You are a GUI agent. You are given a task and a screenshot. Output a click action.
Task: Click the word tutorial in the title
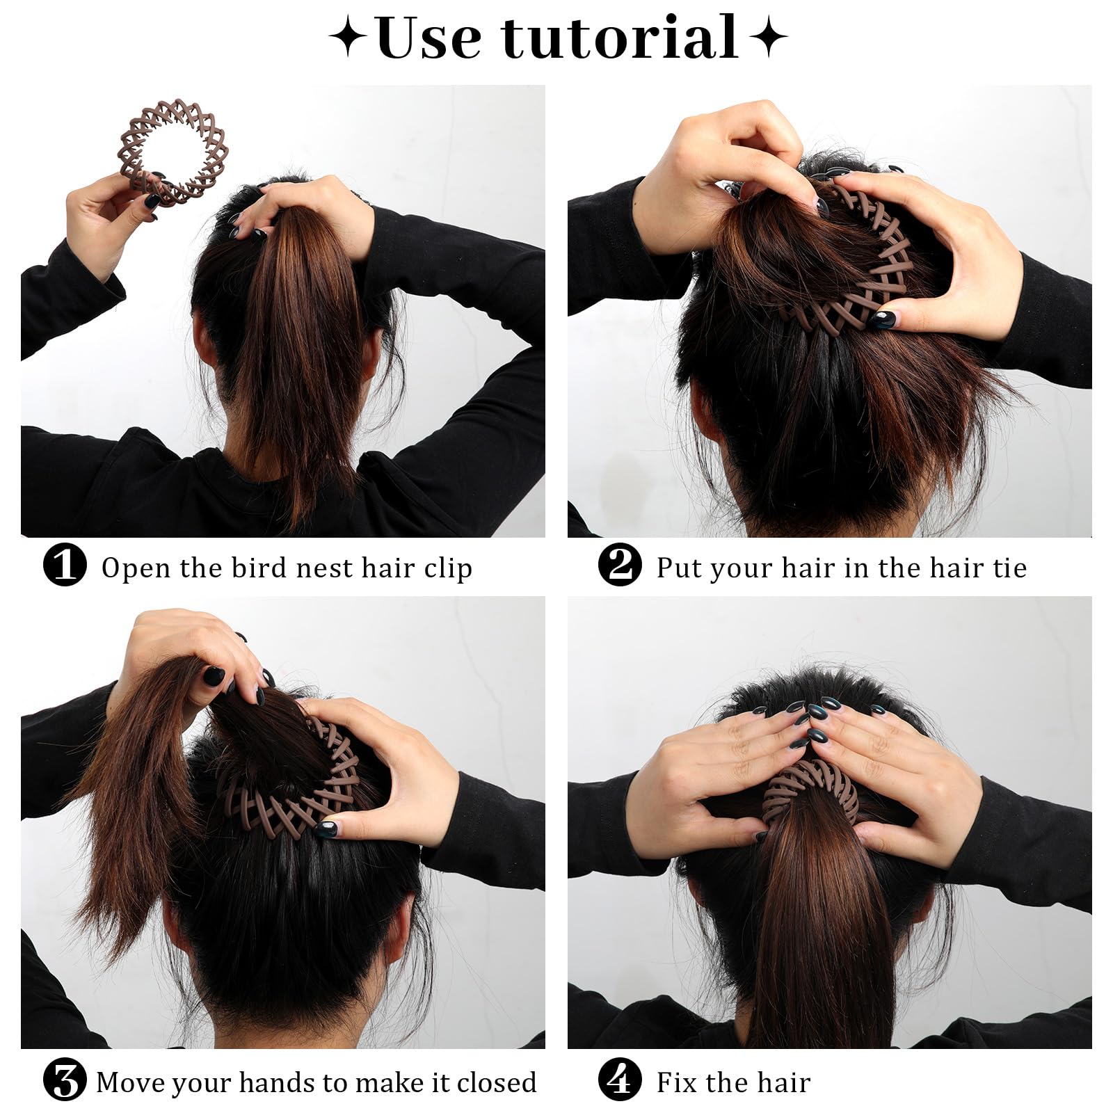point(620,38)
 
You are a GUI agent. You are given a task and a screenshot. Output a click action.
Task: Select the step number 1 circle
point(65,565)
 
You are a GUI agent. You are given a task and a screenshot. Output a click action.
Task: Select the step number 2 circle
point(620,565)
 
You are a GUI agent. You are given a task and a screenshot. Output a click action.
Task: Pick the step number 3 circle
point(65,1080)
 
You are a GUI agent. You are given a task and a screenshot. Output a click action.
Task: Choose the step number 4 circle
point(620,1080)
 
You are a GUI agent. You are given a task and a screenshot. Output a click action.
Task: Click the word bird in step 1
point(257,568)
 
